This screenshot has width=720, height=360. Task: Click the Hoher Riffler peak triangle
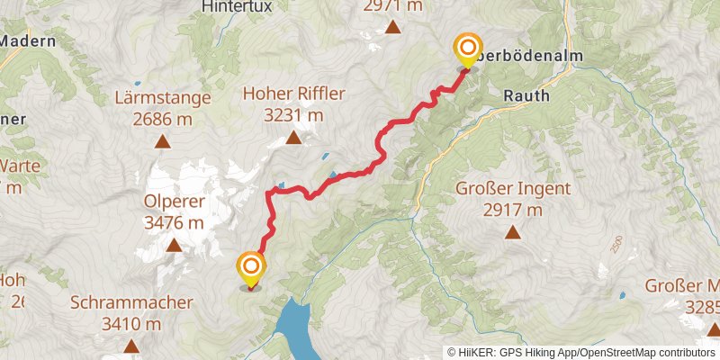point(292,138)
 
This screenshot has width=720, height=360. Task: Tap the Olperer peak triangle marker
point(173,245)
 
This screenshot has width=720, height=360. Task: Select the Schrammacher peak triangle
point(131,346)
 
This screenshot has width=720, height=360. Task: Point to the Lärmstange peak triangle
point(163,140)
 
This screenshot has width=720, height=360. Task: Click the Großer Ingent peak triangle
point(512,232)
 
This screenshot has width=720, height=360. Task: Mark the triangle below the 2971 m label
point(392,27)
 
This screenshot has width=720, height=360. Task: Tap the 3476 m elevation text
point(173,222)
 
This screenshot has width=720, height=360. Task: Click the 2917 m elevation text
point(512,210)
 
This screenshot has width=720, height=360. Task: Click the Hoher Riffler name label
point(292,94)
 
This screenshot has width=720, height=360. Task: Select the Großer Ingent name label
point(511,189)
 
